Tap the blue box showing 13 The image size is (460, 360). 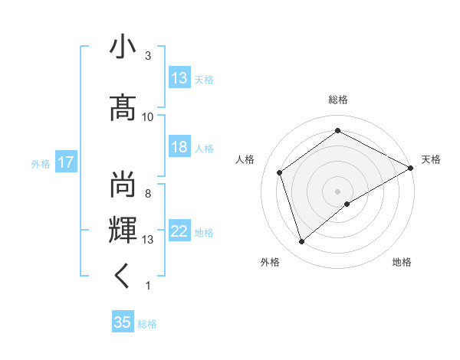[x=179, y=78]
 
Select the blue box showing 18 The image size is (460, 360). [x=179, y=148]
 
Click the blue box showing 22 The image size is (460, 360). [x=179, y=232]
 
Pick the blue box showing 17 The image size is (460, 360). [x=65, y=162]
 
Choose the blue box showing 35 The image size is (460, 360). [x=123, y=322]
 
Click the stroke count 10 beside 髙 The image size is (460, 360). [x=148, y=116]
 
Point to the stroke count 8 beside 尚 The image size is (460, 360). [x=148, y=193]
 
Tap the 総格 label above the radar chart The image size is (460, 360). [x=338, y=100]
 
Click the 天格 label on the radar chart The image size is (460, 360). [x=432, y=159]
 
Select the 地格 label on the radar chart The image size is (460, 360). [x=402, y=262]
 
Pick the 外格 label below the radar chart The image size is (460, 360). [x=270, y=262]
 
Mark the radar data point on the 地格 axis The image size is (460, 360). [x=347, y=204]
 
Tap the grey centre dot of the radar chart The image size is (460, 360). [x=337, y=191]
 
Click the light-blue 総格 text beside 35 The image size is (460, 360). [x=147, y=324]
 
